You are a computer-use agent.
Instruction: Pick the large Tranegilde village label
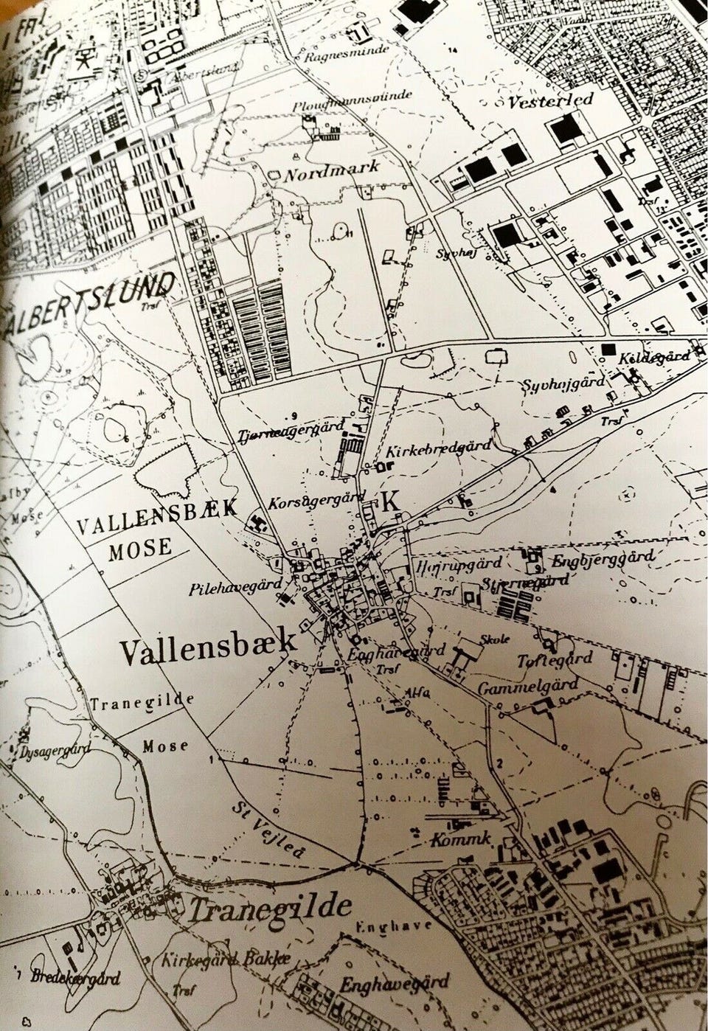[x=269, y=909]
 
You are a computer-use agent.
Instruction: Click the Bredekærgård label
[x=76, y=978]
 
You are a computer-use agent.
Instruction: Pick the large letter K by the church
[x=389, y=499]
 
